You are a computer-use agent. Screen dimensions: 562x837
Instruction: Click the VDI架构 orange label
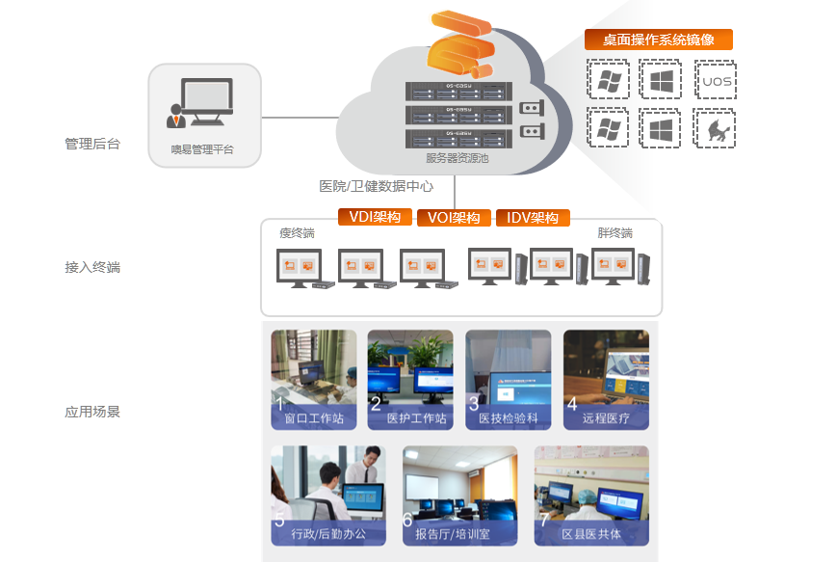click(375, 217)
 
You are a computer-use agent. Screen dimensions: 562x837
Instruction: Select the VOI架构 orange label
click(454, 218)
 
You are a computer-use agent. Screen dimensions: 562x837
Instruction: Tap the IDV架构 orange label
click(533, 218)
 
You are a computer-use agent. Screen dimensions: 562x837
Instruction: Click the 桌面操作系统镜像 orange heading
click(659, 40)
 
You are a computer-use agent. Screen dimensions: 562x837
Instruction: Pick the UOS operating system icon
click(715, 80)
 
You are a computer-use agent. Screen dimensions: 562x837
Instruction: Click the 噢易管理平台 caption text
click(202, 149)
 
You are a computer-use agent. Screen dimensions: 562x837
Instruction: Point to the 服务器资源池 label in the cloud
click(457, 158)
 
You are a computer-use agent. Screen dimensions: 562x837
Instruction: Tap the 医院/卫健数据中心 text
click(377, 186)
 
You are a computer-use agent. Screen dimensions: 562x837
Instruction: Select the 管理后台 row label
click(92, 145)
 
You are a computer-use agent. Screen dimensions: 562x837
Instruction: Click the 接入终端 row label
click(92, 267)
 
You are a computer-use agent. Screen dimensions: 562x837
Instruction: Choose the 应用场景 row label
click(92, 412)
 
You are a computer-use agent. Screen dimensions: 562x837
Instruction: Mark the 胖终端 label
click(615, 233)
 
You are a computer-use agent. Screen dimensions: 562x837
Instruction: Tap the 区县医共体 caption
click(591, 534)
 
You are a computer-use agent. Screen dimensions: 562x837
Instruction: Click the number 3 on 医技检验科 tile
click(474, 404)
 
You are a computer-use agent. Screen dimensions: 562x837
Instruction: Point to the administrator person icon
click(177, 115)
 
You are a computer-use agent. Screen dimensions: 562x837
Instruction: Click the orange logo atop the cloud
click(460, 45)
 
